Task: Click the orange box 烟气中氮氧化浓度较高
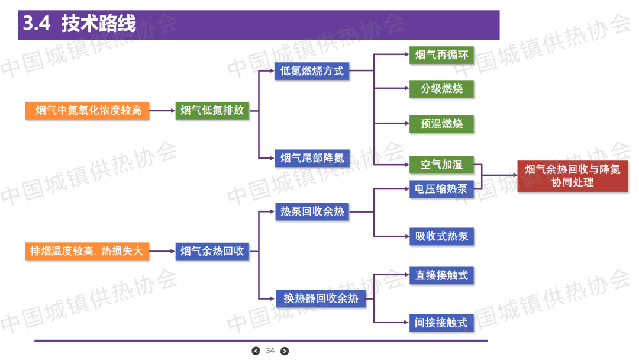click(x=87, y=111)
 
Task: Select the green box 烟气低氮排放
click(x=212, y=111)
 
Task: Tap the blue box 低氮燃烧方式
click(x=312, y=72)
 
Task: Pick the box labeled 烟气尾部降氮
click(x=312, y=158)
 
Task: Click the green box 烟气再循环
click(x=441, y=56)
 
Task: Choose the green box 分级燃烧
click(x=441, y=89)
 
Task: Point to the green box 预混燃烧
click(x=441, y=124)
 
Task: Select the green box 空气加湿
click(x=441, y=165)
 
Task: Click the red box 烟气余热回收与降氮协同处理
click(x=572, y=176)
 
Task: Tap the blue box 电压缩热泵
click(x=441, y=189)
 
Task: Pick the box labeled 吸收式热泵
click(x=441, y=236)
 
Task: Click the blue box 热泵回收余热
click(x=312, y=211)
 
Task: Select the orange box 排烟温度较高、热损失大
click(x=87, y=251)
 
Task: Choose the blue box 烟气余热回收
click(x=212, y=251)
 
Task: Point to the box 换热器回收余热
click(x=321, y=298)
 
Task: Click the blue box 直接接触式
click(x=441, y=275)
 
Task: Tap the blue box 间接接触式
click(x=441, y=323)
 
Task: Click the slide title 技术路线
click(x=98, y=24)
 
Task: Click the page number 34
click(x=270, y=351)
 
